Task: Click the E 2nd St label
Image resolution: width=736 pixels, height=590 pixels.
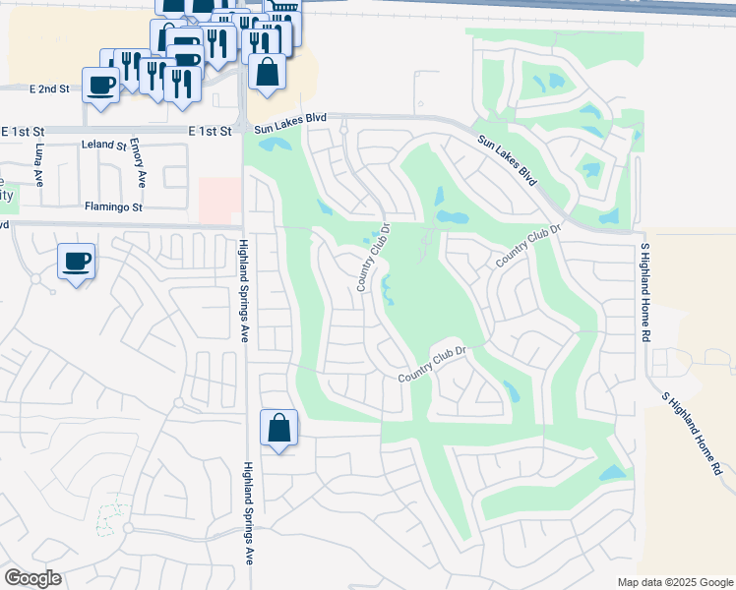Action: click(x=49, y=88)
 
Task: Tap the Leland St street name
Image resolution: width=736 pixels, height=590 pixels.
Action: click(x=105, y=146)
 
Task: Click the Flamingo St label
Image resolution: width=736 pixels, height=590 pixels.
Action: click(x=114, y=207)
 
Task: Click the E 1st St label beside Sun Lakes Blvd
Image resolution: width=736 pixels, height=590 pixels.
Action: click(x=211, y=130)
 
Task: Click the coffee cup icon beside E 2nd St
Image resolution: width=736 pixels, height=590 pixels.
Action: click(x=100, y=84)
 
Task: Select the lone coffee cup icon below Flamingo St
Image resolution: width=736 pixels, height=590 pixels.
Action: click(x=76, y=261)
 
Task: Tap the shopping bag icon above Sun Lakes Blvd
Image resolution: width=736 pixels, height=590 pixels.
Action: click(x=267, y=71)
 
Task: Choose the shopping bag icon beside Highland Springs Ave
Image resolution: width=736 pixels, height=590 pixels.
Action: click(x=279, y=427)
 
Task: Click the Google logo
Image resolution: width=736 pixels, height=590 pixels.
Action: click(x=32, y=578)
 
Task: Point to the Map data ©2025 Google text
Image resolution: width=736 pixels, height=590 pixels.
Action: click(x=674, y=582)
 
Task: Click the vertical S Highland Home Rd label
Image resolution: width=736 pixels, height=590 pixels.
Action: click(x=646, y=292)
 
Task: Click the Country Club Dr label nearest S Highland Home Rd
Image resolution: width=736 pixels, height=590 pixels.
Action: click(x=528, y=246)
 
